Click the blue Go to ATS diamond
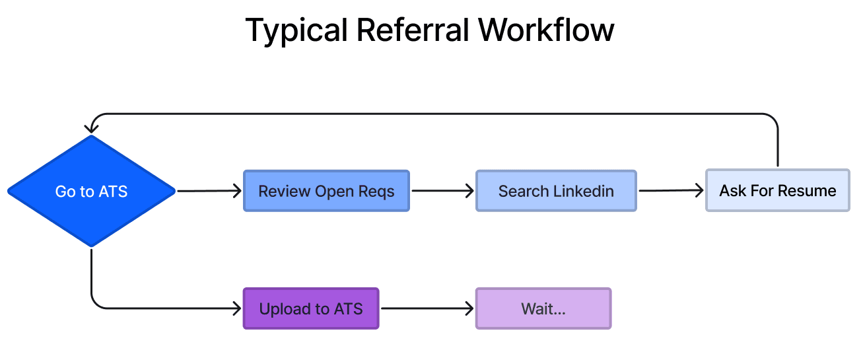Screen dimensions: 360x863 click(x=91, y=192)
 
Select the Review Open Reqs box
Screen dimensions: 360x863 click(x=326, y=192)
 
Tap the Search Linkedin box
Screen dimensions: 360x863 click(x=556, y=192)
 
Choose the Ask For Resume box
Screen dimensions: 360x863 click(x=777, y=192)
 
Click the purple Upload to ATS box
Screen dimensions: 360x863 click(x=310, y=308)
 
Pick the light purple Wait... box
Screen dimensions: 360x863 click(x=543, y=308)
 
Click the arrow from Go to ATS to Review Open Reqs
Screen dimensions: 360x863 click(x=209, y=192)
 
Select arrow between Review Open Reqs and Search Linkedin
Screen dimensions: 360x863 click(x=442, y=192)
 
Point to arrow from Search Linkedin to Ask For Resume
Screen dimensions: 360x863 click(x=671, y=192)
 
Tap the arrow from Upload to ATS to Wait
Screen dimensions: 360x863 click(x=427, y=308)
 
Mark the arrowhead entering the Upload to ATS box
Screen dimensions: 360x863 click(x=238, y=308)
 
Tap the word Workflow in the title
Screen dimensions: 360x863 click(x=546, y=30)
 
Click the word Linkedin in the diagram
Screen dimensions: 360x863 click(x=584, y=192)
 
